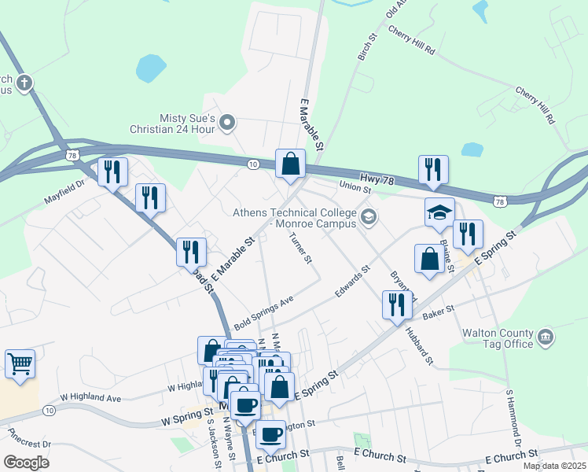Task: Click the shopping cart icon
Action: [x=20, y=364]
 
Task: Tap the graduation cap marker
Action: [x=439, y=212]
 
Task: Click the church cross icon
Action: [x=24, y=82]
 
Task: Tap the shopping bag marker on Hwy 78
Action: [x=290, y=164]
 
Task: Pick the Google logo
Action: [x=26, y=463]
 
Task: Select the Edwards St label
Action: [x=352, y=281]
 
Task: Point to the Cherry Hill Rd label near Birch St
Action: [x=411, y=42]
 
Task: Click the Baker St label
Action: [x=439, y=312]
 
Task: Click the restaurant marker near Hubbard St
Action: [x=397, y=304]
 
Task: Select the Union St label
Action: [x=355, y=186]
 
